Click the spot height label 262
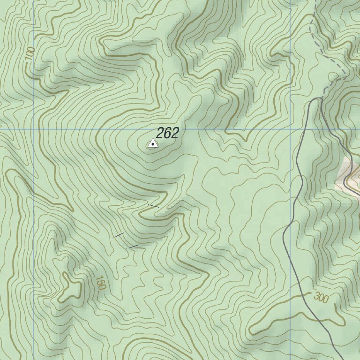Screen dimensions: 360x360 point(167,133)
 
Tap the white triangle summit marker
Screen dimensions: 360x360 point(152,144)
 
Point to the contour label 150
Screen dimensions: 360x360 point(100,283)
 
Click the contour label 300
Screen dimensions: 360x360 point(321,297)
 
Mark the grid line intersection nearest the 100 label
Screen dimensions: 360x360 point(34,129)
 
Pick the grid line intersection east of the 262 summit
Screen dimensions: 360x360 point(290,129)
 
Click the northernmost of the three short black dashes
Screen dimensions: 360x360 point(154,205)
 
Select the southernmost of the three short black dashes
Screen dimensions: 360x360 point(134,246)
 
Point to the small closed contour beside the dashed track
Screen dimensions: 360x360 point(333,76)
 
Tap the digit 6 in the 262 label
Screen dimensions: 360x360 point(167,133)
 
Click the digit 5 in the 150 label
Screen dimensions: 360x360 point(100,283)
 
